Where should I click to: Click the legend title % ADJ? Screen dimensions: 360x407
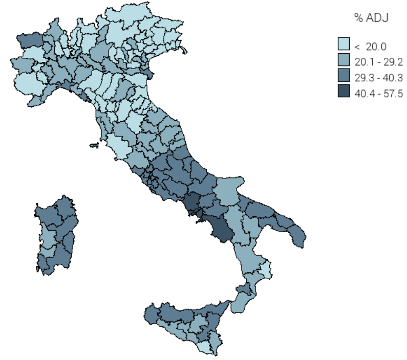372,18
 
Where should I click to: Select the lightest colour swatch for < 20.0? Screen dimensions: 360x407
344,44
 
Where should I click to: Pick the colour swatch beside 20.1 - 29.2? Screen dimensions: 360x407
344,60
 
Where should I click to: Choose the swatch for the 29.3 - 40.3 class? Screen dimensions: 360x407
344,76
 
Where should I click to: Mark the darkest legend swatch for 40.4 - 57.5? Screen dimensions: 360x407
344,91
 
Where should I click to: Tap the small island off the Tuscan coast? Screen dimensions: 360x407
94,146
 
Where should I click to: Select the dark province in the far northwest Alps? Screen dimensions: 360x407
30,40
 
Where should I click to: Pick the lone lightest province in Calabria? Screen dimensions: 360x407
265,269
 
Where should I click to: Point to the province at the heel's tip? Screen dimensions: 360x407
298,236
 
